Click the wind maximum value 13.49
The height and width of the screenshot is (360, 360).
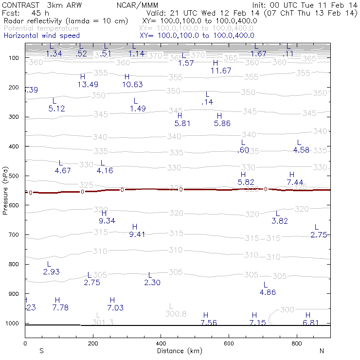pyautogui.click(x=89, y=85)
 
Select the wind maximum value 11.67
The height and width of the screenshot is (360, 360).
pyautogui.click(x=221, y=71)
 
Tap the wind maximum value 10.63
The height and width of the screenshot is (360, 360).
pyautogui.click(x=132, y=85)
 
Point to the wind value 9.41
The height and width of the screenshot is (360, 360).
pyautogui.click(x=137, y=235)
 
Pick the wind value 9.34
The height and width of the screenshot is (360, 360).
pyautogui.click(x=107, y=221)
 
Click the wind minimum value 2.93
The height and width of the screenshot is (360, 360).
pyautogui.click(x=51, y=271)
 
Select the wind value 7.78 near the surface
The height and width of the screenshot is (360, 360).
pyautogui.click(x=60, y=307)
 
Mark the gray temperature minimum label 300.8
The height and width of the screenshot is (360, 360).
pyautogui.click(x=176, y=314)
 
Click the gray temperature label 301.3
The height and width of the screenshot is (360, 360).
pyautogui.click(x=103, y=323)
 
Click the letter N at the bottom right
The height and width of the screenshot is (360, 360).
pyautogui.click(x=322, y=351)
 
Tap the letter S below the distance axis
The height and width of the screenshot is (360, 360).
pyautogui.click(x=42, y=351)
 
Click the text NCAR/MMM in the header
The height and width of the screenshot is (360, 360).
pyautogui.click(x=144, y=5)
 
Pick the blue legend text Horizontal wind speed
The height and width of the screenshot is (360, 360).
pyautogui.click(x=41, y=36)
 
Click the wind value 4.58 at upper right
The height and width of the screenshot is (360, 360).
pyautogui.click(x=301, y=150)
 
